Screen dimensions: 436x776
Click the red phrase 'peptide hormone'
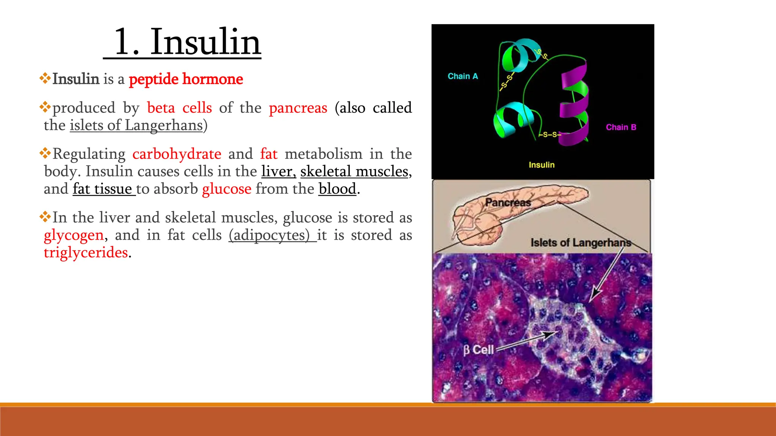(x=186, y=79)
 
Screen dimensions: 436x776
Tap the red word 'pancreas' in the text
(x=298, y=108)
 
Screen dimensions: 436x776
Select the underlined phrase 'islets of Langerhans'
(x=136, y=125)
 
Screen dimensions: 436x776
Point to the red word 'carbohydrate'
(x=177, y=154)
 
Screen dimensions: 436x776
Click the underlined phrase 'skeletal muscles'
(x=354, y=171)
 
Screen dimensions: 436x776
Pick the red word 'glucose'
(x=227, y=189)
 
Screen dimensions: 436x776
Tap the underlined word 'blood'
(x=337, y=189)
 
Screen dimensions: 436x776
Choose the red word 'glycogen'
(x=74, y=235)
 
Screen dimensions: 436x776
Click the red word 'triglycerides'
(x=86, y=252)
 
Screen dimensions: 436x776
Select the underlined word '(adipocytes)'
(x=269, y=235)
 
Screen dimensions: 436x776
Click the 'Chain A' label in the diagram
(x=463, y=76)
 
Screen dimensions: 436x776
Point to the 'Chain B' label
(x=621, y=128)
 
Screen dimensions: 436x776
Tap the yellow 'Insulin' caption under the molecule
(x=541, y=165)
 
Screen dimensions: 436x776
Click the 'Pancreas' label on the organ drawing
(x=508, y=202)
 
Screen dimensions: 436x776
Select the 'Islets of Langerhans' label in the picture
(x=580, y=243)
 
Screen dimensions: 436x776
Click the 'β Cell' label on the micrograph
(x=479, y=350)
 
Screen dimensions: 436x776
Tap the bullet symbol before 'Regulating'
(x=45, y=153)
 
